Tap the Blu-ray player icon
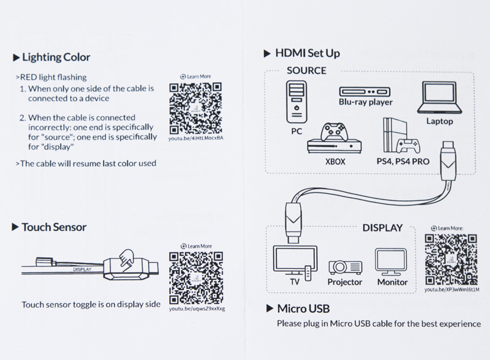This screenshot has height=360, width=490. (x=366, y=91)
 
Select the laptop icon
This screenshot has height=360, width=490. (x=440, y=98)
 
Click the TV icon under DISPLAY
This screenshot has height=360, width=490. (x=295, y=260)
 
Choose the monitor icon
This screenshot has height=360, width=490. (x=392, y=261)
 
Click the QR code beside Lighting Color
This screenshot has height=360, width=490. (x=195, y=108)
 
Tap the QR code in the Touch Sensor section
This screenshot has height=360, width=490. (x=196, y=277)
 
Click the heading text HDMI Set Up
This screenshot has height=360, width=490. (x=307, y=53)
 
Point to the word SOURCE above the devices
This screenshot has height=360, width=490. (x=306, y=70)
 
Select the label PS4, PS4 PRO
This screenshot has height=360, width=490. (x=403, y=162)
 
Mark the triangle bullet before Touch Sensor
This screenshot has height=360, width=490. (x=15, y=227)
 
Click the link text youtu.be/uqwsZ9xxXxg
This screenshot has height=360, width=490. (x=197, y=309)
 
